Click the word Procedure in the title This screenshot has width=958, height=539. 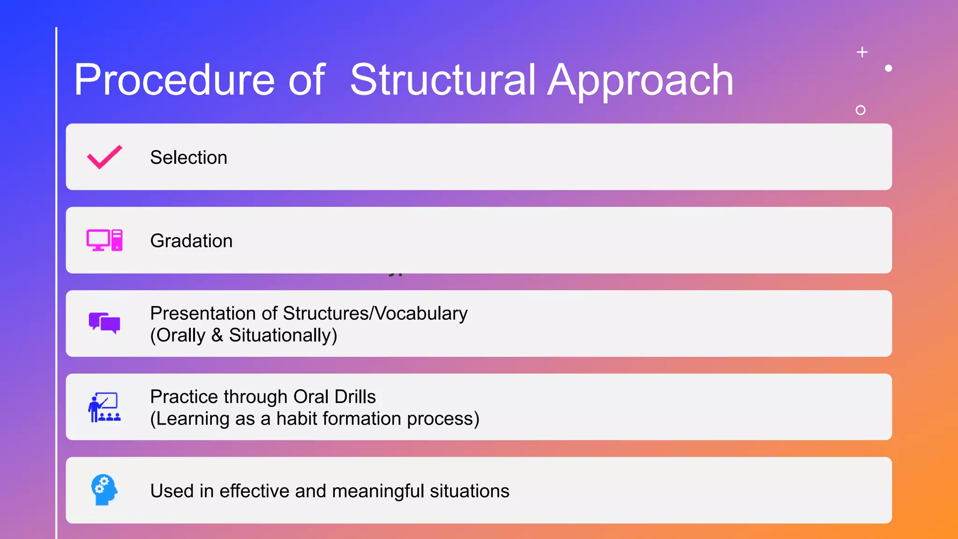point(174,80)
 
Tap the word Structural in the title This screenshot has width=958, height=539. point(443,80)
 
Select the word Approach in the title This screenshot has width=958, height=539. point(640,80)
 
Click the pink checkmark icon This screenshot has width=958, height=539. point(105,157)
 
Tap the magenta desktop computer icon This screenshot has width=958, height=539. point(105,240)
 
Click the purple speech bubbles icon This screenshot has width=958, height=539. point(105,323)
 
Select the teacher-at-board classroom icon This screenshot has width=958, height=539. point(105,407)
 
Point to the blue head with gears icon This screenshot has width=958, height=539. point(104,490)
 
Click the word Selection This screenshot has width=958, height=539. point(189,158)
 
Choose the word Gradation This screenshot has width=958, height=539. point(191,241)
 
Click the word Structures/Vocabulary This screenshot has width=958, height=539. point(375,313)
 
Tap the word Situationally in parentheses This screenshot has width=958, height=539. point(281,335)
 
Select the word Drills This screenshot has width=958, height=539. point(355,397)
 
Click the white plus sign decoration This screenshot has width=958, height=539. point(862,52)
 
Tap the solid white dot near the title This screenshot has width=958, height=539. point(888,68)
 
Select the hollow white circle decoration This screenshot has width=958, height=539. point(860,110)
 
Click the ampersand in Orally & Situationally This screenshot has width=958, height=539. point(217,335)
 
